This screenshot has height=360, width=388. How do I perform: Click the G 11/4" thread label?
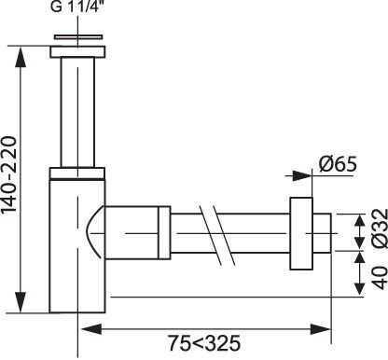tap(76, 7)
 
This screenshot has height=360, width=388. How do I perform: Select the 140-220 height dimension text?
tap(8, 174)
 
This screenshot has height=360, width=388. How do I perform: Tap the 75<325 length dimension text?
tap(204, 343)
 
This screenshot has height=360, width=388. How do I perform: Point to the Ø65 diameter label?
tap(338, 164)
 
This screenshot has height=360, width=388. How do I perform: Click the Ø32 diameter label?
tap(380, 228)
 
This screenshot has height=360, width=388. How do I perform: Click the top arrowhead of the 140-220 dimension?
tap(21, 57)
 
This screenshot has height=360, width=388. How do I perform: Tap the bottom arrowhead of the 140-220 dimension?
tap(21, 302)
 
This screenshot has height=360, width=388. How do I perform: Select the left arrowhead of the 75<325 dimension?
tap(91, 328)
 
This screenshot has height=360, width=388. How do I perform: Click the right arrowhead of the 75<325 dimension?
tap(320, 328)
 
